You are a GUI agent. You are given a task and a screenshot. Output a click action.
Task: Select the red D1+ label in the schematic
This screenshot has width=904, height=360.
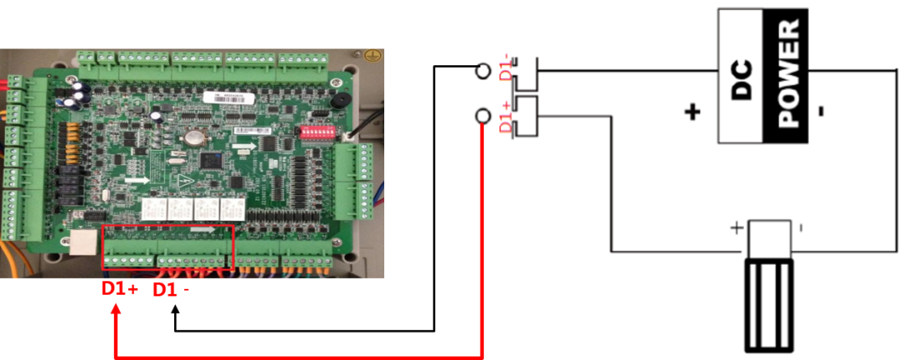click(x=505, y=116)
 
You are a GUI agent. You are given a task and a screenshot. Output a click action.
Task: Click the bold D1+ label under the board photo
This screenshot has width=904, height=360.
click(x=120, y=290)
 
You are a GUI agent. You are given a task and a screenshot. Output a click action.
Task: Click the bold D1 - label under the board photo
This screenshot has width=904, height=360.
click(x=171, y=290)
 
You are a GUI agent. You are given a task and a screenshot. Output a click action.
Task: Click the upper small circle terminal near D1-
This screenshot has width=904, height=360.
click(x=482, y=71)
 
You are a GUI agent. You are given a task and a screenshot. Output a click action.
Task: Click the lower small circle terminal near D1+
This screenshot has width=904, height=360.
click(x=482, y=116)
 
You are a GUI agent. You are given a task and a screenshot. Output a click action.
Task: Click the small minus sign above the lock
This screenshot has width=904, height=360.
click(x=801, y=227)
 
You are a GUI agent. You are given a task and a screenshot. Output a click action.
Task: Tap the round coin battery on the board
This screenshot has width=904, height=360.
click(x=193, y=138)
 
